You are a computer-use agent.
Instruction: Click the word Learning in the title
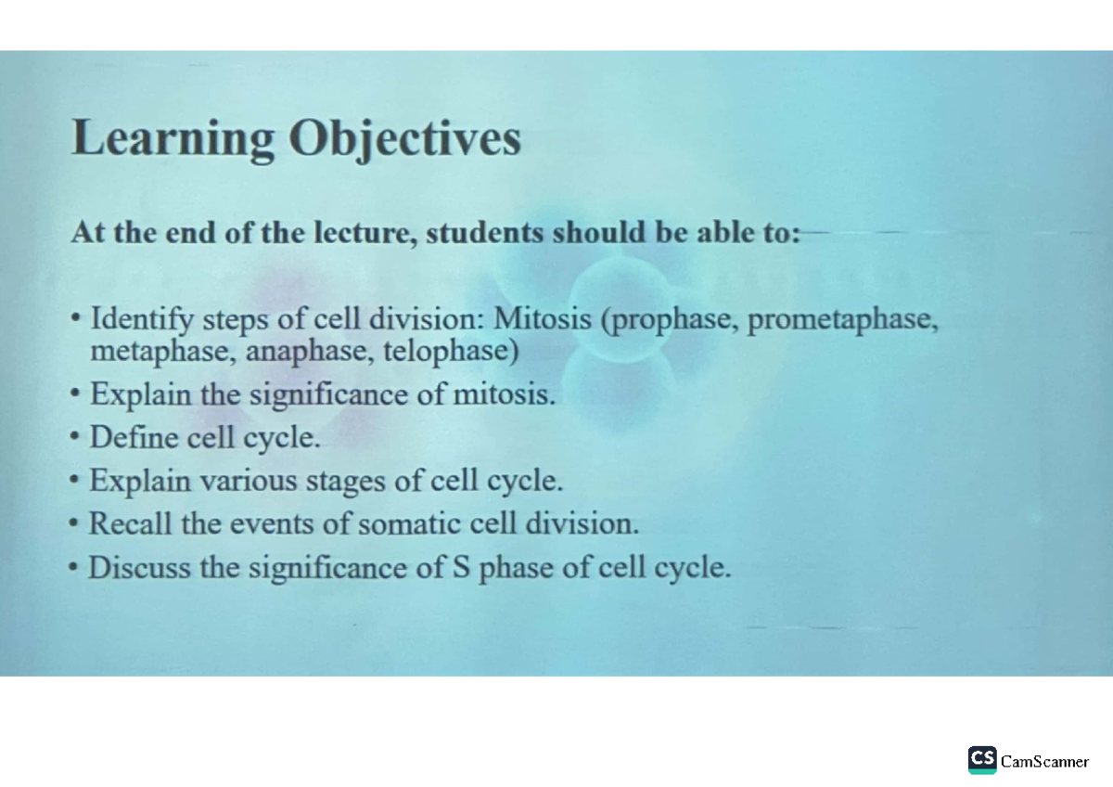(x=173, y=139)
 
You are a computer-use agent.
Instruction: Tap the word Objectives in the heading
(x=404, y=139)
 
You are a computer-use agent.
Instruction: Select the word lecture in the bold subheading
(x=359, y=232)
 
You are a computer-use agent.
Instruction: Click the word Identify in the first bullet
(x=142, y=319)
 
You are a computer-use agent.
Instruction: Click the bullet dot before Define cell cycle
(x=75, y=438)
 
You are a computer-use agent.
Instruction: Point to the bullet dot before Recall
(x=75, y=524)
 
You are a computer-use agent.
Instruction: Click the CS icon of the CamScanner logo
(x=982, y=759)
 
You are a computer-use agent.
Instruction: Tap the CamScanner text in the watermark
(x=1044, y=762)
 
